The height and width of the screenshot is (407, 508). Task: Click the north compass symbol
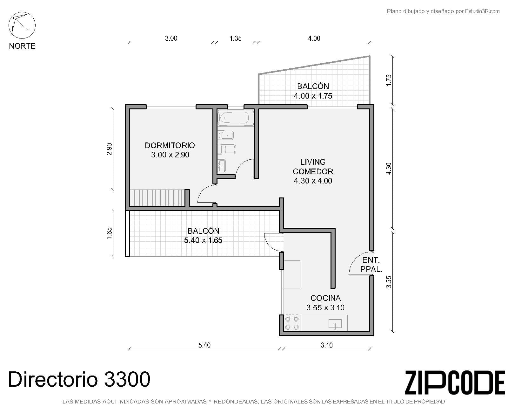pyautogui.click(x=22, y=25)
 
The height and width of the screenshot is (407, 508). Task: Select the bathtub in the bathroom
pyautogui.click(x=235, y=118)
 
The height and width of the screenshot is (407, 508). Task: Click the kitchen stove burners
pyautogui.click(x=292, y=323)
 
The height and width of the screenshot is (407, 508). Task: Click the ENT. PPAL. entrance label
pyautogui.click(x=371, y=265)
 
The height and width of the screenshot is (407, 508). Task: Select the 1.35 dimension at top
pyautogui.click(x=236, y=38)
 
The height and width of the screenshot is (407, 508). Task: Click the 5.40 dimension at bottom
pyautogui.click(x=204, y=345)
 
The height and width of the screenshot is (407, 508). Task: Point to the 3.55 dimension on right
pyautogui.click(x=389, y=282)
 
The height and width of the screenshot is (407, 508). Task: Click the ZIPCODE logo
pyautogui.click(x=455, y=383)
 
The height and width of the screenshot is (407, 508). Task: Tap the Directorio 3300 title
pyautogui.click(x=79, y=379)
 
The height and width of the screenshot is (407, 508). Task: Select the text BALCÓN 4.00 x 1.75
pyautogui.click(x=313, y=91)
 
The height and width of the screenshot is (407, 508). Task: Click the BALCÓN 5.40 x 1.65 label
pyautogui.click(x=203, y=235)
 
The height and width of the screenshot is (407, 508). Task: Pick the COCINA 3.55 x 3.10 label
pyautogui.click(x=325, y=303)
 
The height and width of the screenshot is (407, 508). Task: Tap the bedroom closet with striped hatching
pyautogui.click(x=157, y=198)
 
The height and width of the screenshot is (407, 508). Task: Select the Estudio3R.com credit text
pyautogui.click(x=443, y=11)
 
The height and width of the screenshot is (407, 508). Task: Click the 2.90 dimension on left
pyautogui.click(x=109, y=149)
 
